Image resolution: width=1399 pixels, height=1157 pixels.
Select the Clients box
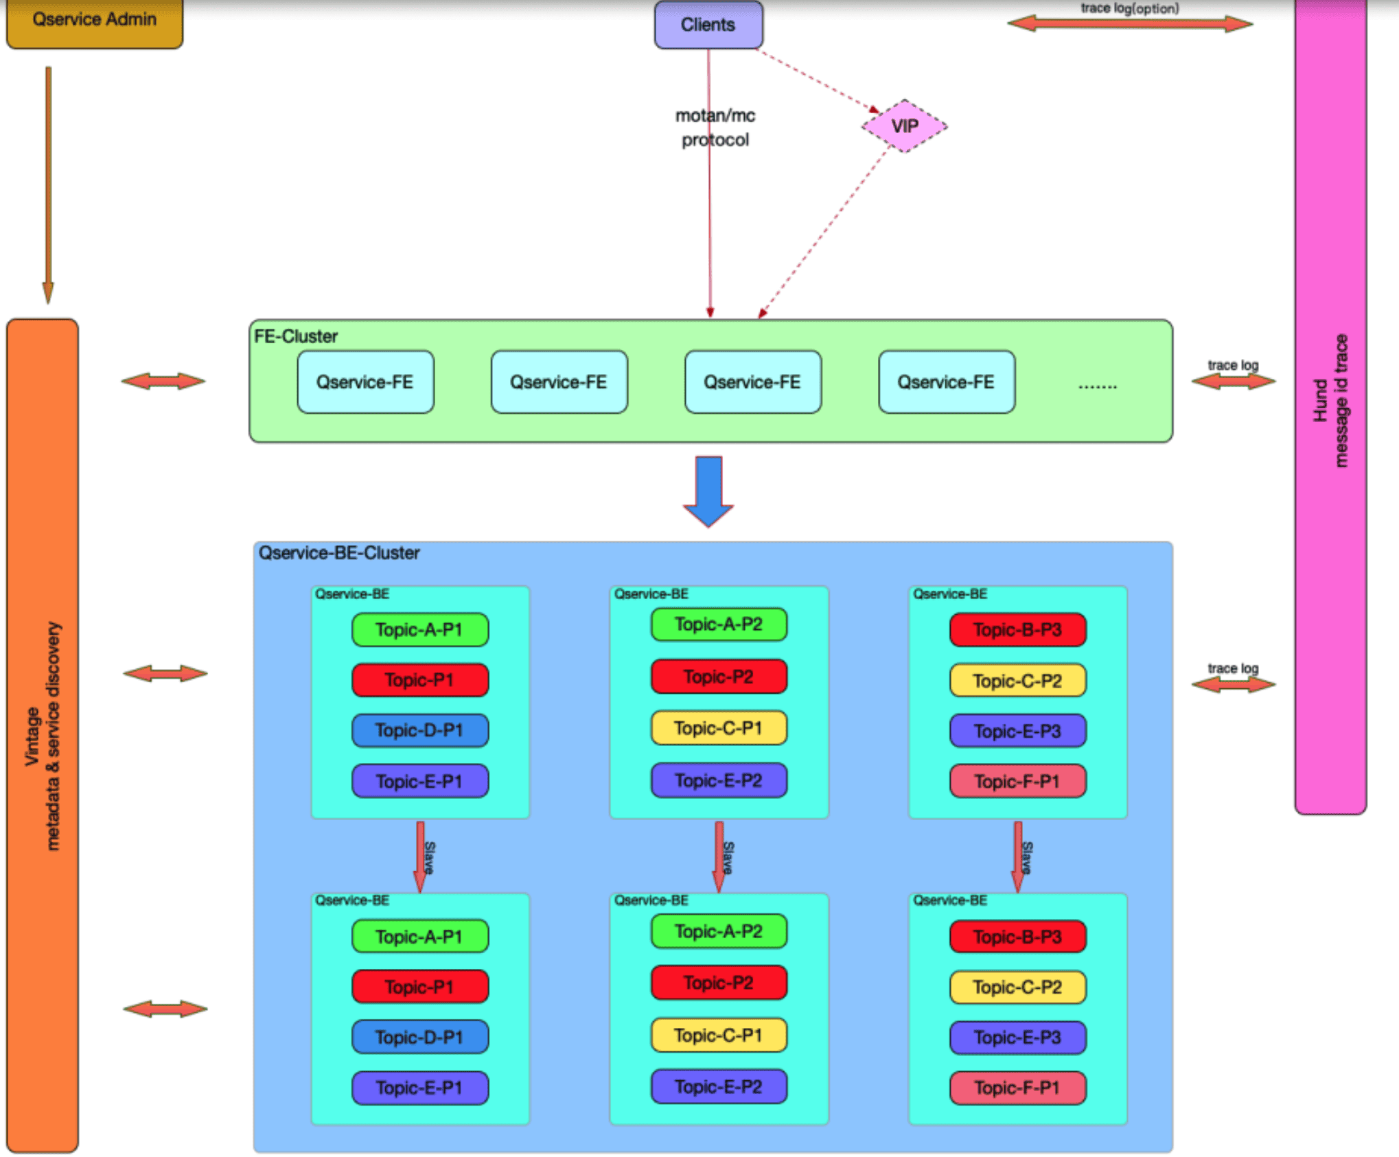[708, 25]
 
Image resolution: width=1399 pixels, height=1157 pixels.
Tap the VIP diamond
[904, 126]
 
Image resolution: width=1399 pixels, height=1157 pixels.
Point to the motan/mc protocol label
[715, 128]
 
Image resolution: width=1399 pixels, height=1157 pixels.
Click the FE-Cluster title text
[296, 336]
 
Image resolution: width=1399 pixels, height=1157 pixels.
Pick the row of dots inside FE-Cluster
[1097, 386]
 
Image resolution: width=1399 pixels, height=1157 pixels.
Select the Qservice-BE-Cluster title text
[338, 553]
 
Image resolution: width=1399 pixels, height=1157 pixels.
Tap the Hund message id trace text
[1331, 401]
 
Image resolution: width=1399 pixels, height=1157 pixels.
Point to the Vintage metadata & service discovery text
[43, 736]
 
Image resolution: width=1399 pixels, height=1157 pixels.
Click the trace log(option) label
[1130, 8]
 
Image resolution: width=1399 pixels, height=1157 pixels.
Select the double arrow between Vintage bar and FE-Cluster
[163, 382]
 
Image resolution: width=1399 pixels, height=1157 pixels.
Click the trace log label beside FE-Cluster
[1233, 365]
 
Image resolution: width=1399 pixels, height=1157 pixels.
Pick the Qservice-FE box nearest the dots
[946, 382]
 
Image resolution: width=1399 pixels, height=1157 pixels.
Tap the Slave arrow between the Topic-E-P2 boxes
[719, 856]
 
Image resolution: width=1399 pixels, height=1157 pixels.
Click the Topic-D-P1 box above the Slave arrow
[420, 730]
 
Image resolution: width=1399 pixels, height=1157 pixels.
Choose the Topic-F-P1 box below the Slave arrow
[1017, 1088]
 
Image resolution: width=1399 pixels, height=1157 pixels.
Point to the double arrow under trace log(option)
[1130, 24]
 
